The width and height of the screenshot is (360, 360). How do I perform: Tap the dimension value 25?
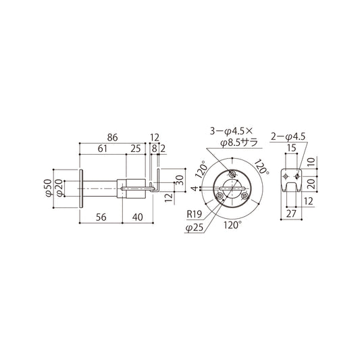pos(135,149)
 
